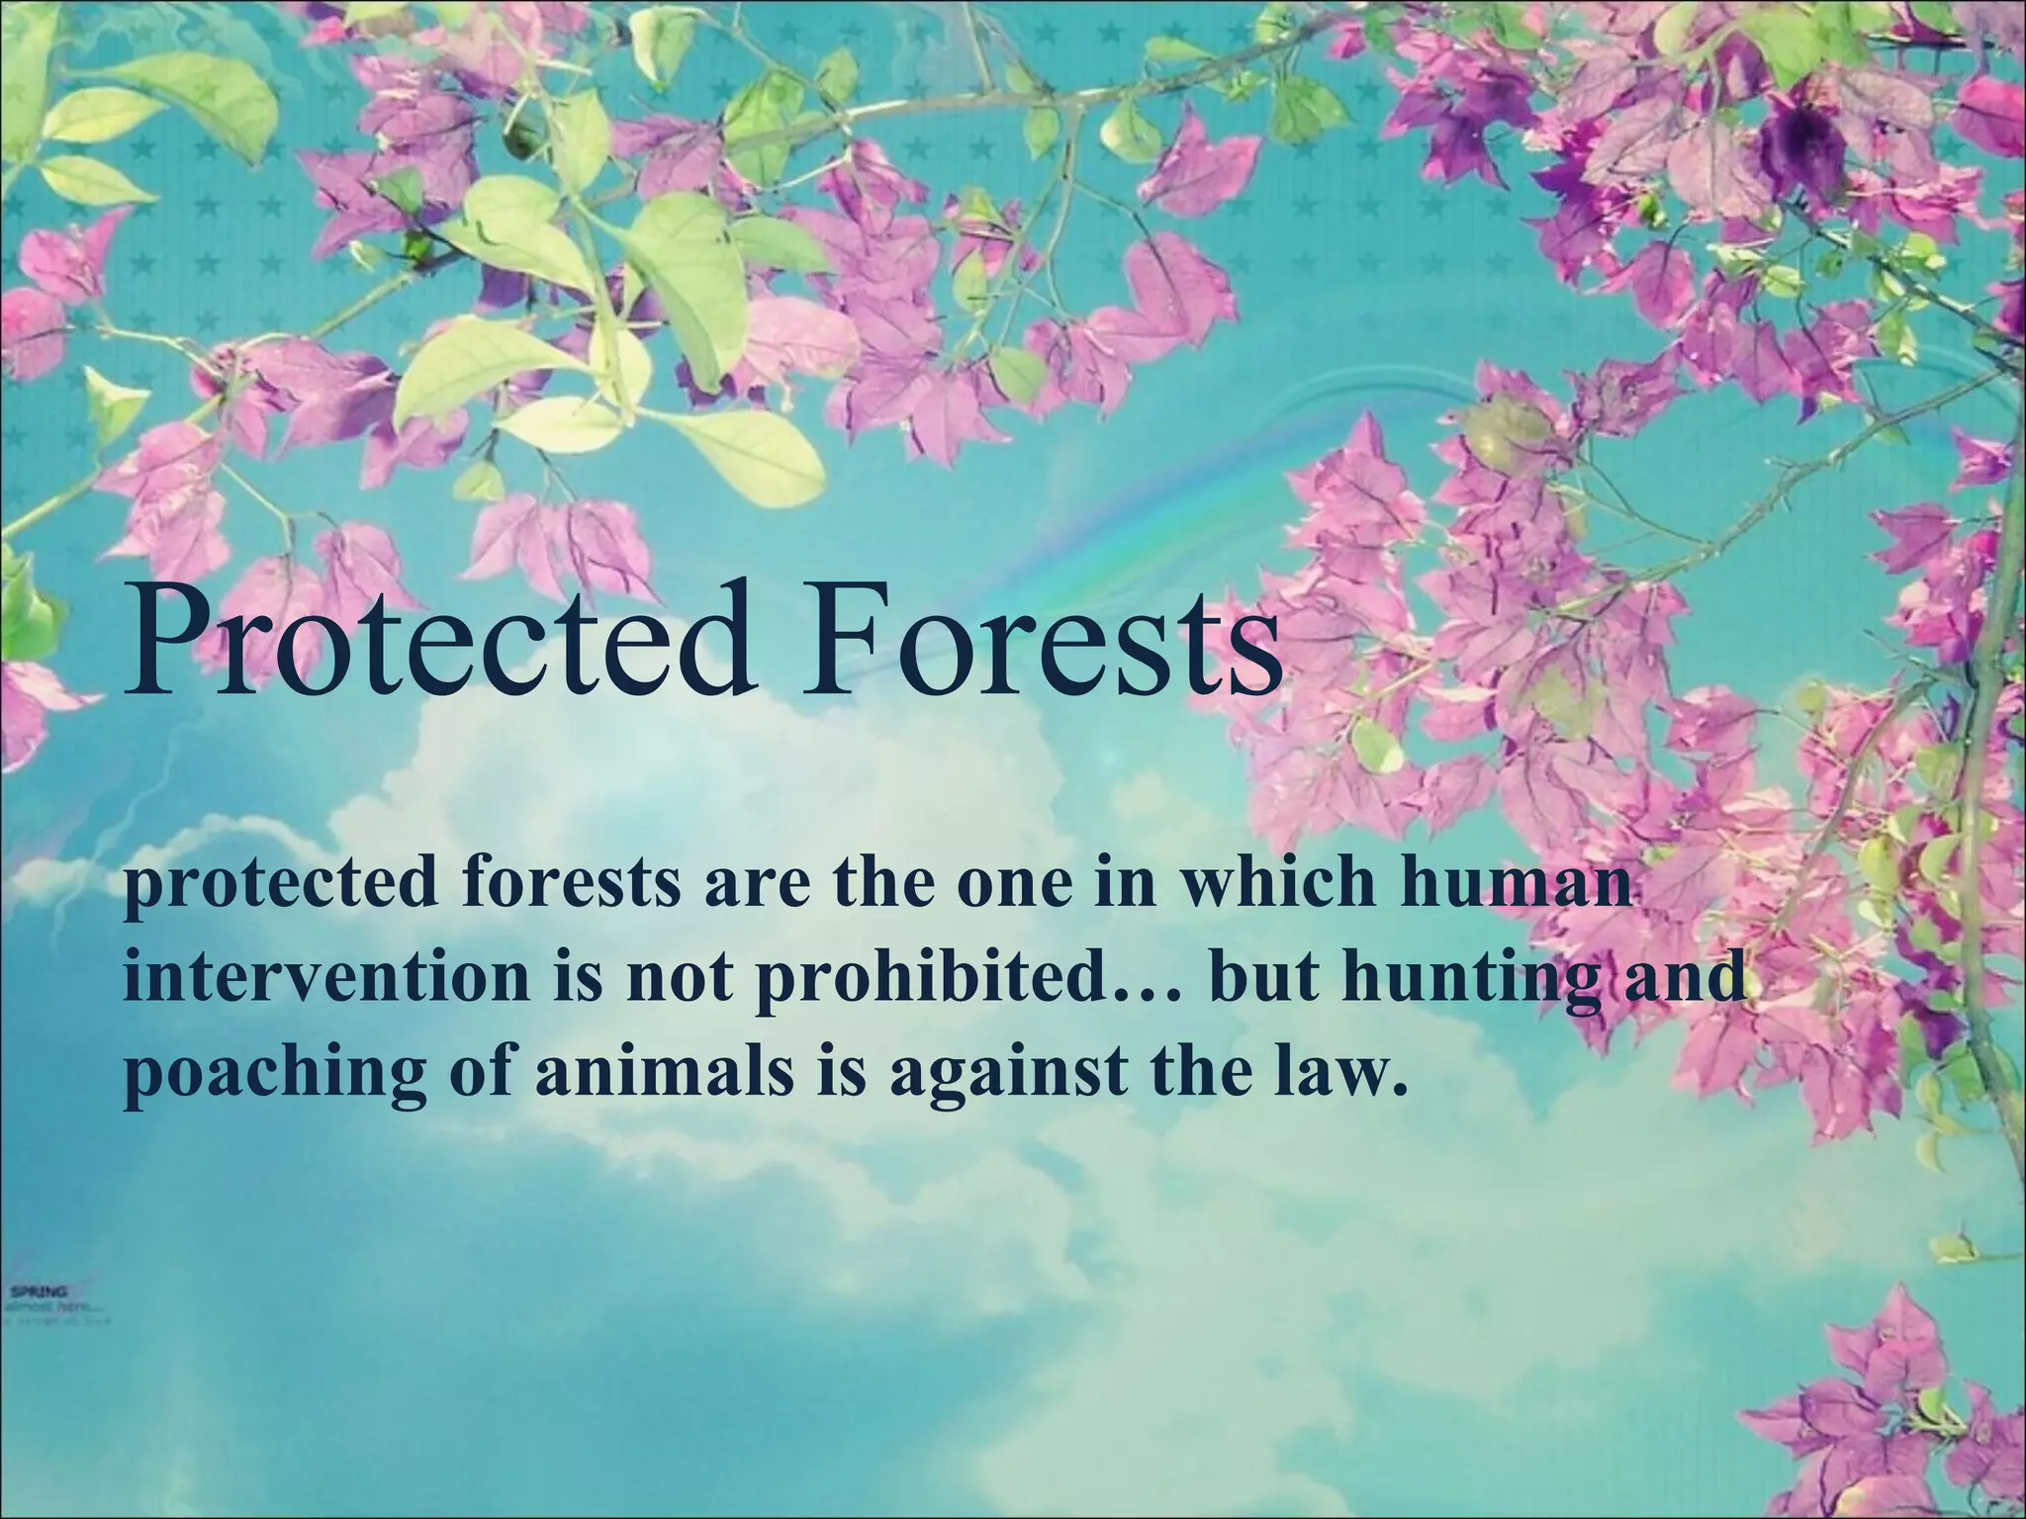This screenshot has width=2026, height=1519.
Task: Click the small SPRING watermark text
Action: pos(40,1291)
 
